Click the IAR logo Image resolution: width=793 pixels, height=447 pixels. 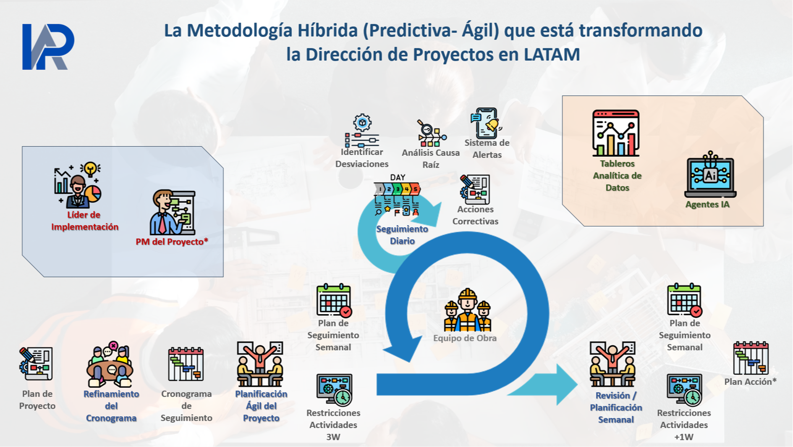pyautogui.click(x=48, y=47)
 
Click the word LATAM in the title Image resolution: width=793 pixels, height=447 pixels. pyautogui.click(x=552, y=54)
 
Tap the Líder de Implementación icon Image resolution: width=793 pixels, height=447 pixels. pyautogui.click(x=78, y=185)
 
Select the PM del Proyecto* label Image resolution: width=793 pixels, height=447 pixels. pyautogui.click(x=172, y=242)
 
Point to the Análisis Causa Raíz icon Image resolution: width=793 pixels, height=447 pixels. pyautogui.click(x=431, y=133)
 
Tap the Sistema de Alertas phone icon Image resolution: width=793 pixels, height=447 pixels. pyautogui.click(x=486, y=124)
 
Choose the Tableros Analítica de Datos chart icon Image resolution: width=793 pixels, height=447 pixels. pyautogui.click(x=616, y=133)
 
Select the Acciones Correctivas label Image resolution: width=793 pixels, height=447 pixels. pyautogui.click(x=475, y=215)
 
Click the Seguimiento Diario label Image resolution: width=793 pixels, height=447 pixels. pyautogui.click(x=402, y=235)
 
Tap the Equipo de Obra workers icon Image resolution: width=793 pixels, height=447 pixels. pyautogui.click(x=467, y=310)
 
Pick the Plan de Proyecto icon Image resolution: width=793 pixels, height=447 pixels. pyautogui.click(x=36, y=364)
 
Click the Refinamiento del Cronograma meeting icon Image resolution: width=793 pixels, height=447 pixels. pyautogui.click(x=110, y=364)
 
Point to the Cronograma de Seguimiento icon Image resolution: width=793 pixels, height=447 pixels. pyautogui.click(x=186, y=364)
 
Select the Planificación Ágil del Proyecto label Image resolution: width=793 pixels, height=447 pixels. pyautogui.click(x=261, y=406)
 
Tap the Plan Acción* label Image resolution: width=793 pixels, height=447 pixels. pyautogui.click(x=751, y=381)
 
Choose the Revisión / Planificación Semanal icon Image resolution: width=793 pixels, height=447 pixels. pyautogui.click(x=612, y=364)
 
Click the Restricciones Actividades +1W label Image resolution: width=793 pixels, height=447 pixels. pyautogui.click(x=684, y=425)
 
